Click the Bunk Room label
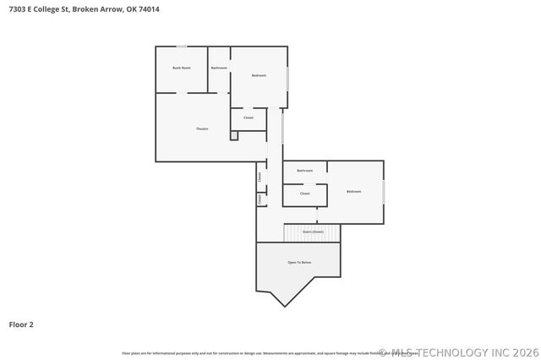click(181, 68)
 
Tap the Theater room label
click(202, 128)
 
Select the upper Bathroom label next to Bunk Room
click(219, 68)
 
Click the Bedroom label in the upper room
click(259, 76)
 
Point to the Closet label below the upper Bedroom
click(249, 117)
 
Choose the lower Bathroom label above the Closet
click(305, 171)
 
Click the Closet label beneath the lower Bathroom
click(304, 194)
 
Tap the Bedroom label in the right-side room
click(353, 192)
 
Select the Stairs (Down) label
click(313, 232)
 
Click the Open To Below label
click(299, 263)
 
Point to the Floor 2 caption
click(21, 324)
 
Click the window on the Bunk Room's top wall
click(182, 46)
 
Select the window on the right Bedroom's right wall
click(383, 192)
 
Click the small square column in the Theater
click(233, 135)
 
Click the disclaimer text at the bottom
click(254, 352)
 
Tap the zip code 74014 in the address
click(148, 9)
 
